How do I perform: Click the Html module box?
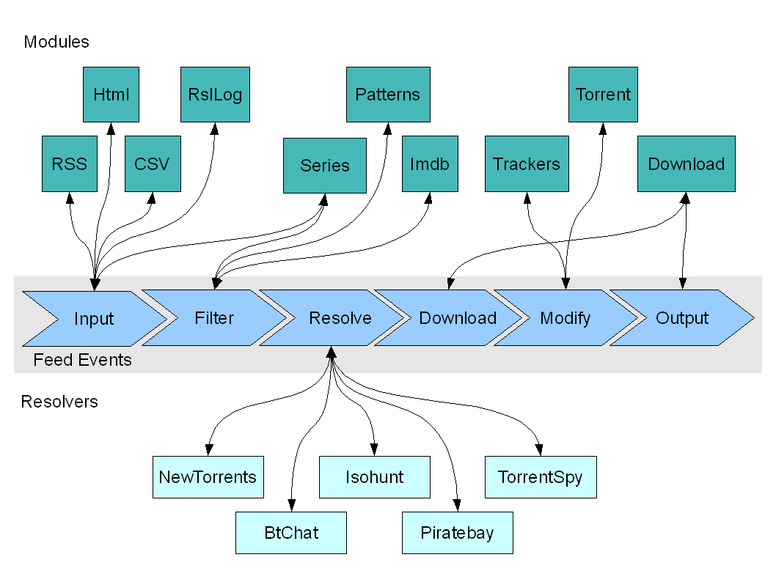[111, 95]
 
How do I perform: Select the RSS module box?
[69, 163]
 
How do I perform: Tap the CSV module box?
[153, 163]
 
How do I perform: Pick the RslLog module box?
[216, 95]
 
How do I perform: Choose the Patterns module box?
[388, 95]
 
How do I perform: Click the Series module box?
[325, 166]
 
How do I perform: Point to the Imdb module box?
[430, 163]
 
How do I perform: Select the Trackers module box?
[527, 163]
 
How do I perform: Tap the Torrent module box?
[603, 95]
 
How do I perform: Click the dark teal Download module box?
[686, 163]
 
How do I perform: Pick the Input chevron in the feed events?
[94, 318]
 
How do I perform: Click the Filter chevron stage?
[213, 317]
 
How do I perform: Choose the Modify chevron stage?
[565, 317]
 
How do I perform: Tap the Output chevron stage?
[682, 317]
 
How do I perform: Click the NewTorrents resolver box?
[208, 477]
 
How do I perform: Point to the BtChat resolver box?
[291, 533]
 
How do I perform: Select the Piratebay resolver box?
[457, 533]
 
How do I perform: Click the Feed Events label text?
[82, 359]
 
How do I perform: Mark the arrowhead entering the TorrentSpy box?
[539, 450]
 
